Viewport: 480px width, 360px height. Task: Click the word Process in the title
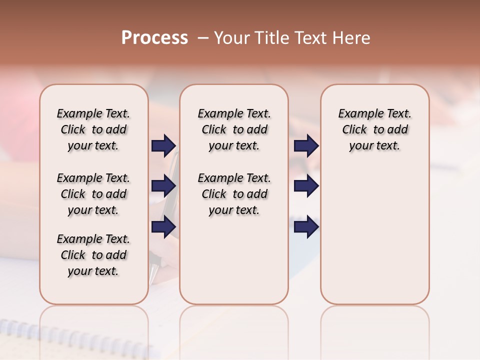154,38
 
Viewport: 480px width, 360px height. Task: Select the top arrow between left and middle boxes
163,146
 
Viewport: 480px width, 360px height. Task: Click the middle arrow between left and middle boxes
163,186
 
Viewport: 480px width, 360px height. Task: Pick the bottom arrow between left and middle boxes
163,226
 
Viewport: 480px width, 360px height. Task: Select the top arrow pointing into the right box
306,146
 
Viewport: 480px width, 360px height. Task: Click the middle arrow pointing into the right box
306,186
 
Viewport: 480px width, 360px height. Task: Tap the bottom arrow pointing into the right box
306,226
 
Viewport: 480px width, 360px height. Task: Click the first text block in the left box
93,129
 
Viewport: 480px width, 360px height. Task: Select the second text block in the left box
93,194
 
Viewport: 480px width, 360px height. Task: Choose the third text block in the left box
93,255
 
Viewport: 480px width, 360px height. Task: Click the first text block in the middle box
234,129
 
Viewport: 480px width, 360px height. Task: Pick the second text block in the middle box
234,194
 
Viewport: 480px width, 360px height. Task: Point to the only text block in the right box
374,129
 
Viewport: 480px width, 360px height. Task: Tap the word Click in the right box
354,130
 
